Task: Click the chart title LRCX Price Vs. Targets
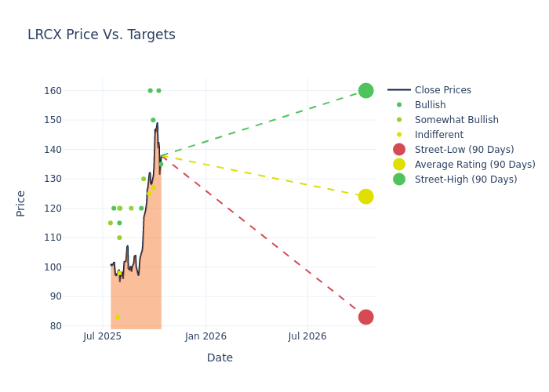101,35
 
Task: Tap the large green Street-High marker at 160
365,90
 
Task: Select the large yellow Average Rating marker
365,196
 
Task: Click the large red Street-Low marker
365,317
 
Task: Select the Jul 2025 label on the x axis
102,336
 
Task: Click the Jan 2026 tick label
205,336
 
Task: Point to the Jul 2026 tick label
307,336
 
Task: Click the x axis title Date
220,358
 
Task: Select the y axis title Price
21,203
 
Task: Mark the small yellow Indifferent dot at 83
118,317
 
